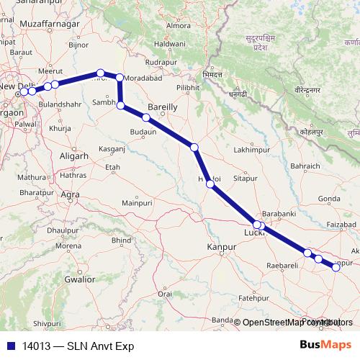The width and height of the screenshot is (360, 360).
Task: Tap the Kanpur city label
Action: (x=222, y=247)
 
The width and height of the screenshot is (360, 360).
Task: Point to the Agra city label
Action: (x=70, y=194)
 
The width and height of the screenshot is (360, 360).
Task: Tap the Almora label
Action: (x=179, y=26)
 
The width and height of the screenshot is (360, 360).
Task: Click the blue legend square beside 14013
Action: (x=9, y=344)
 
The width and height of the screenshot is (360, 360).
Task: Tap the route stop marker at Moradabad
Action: (x=120, y=78)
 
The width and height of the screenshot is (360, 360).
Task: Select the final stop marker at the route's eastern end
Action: (x=336, y=267)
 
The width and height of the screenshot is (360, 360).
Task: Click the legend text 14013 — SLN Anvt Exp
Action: (x=70, y=344)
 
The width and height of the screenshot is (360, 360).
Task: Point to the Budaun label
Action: (x=143, y=132)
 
